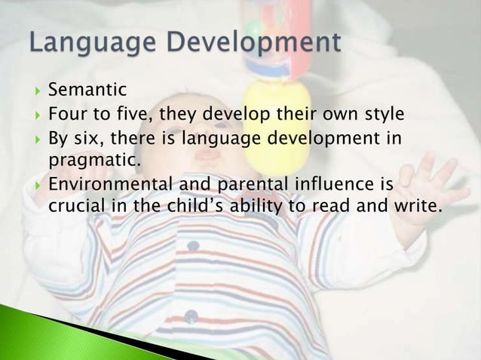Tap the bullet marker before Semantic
35,93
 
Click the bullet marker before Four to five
35,116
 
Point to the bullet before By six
35,139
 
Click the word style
381,115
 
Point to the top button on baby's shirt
195,246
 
